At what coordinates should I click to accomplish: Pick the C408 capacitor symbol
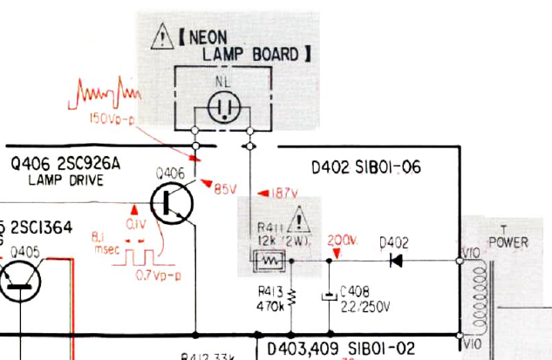tap(330, 296)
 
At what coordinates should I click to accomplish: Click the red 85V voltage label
tap(225, 188)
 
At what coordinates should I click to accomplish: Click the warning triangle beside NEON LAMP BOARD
tap(161, 37)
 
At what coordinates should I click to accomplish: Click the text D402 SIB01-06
tap(365, 166)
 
